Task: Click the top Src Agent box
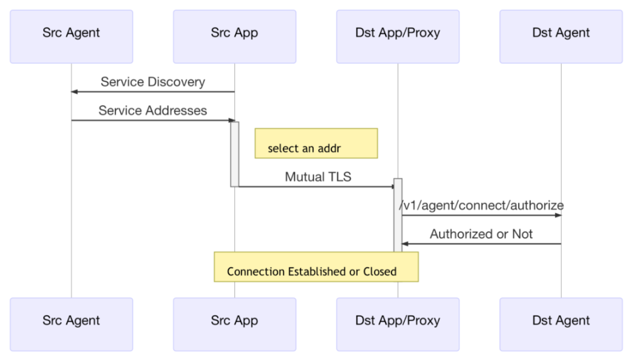(x=71, y=36)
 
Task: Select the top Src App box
(x=235, y=36)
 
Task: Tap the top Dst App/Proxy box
(x=398, y=36)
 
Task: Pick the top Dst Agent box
(x=561, y=36)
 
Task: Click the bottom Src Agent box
(x=71, y=324)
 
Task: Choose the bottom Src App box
(x=235, y=324)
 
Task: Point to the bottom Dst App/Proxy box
(x=398, y=324)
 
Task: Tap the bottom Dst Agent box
(x=561, y=324)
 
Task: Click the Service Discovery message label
(x=153, y=82)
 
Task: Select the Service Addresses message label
(x=153, y=111)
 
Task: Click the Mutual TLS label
(x=318, y=177)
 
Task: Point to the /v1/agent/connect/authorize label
(x=481, y=205)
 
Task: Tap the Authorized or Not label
(x=481, y=234)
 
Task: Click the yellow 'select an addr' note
(x=316, y=144)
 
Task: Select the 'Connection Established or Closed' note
(x=316, y=267)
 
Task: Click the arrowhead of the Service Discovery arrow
(x=74, y=92)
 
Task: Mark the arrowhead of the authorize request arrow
(x=558, y=215)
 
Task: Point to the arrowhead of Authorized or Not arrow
(x=405, y=244)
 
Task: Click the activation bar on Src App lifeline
(x=235, y=154)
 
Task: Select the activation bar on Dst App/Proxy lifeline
(x=398, y=215)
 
